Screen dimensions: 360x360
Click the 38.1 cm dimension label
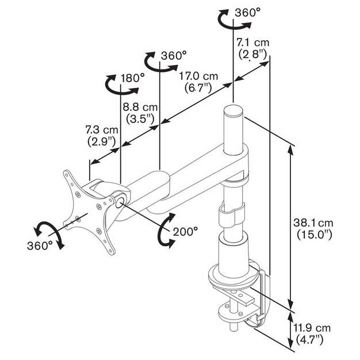click(x=313, y=223)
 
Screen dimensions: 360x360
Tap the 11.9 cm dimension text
click(x=312, y=328)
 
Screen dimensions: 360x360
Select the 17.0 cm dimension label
click(x=198, y=76)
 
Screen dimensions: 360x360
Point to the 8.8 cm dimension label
click(x=140, y=107)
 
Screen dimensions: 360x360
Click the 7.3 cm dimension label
click(x=102, y=130)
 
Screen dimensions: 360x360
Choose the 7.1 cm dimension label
click(x=253, y=43)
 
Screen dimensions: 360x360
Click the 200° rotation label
click(x=185, y=232)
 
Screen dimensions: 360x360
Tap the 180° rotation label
click(x=133, y=78)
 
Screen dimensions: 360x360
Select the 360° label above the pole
click(x=248, y=13)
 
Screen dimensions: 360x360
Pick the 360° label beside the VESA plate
click(x=40, y=246)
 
